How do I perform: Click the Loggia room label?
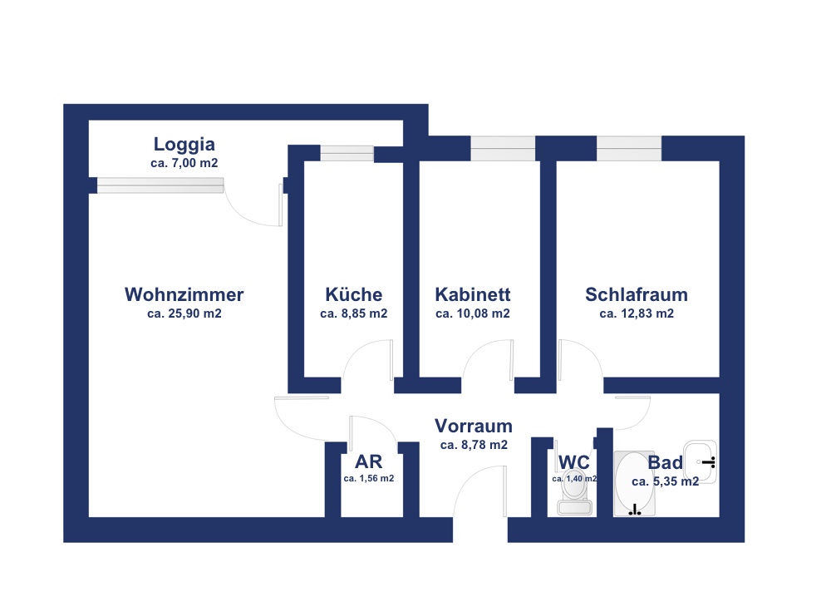click(x=184, y=145)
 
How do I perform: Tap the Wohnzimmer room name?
click(x=184, y=294)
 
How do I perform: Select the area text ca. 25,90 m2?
click(x=184, y=313)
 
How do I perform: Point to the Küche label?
click(x=353, y=294)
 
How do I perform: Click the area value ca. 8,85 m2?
click(x=353, y=313)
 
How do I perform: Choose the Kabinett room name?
click(x=473, y=294)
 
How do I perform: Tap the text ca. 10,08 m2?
click(x=473, y=313)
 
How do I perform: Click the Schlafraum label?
click(x=637, y=294)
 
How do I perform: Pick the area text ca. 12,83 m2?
click(x=637, y=313)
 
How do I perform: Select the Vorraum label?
click(x=474, y=426)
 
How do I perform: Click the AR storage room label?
click(x=368, y=461)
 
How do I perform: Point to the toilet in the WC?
click(x=574, y=491)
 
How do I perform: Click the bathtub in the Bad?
click(x=634, y=484)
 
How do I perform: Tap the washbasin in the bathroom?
click(x=700, y=461)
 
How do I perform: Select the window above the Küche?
click(x=347, y=153)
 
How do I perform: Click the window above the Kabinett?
click(x=503, y=148)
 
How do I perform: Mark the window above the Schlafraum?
click(x=629, y=148)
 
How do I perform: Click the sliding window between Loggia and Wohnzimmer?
click(x=160, y=185)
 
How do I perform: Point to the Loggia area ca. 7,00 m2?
click(x=184, y=163)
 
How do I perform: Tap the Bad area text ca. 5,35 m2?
click(x=665, y=481)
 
